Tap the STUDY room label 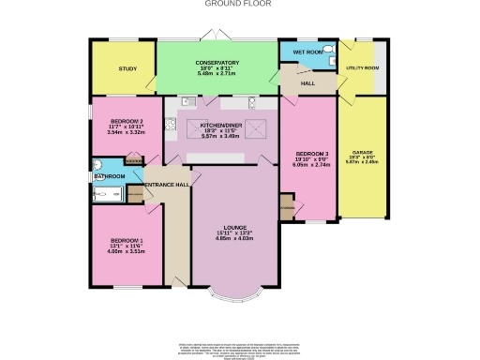(x=127, y=69)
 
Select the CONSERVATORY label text (x=217, y=62)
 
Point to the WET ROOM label (x=308, y=52)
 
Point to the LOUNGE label (x=230, y=226)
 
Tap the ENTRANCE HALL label (x=166, y=185)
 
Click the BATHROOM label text (x=110, y=176)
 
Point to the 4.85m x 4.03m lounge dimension (x=230, y=237)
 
